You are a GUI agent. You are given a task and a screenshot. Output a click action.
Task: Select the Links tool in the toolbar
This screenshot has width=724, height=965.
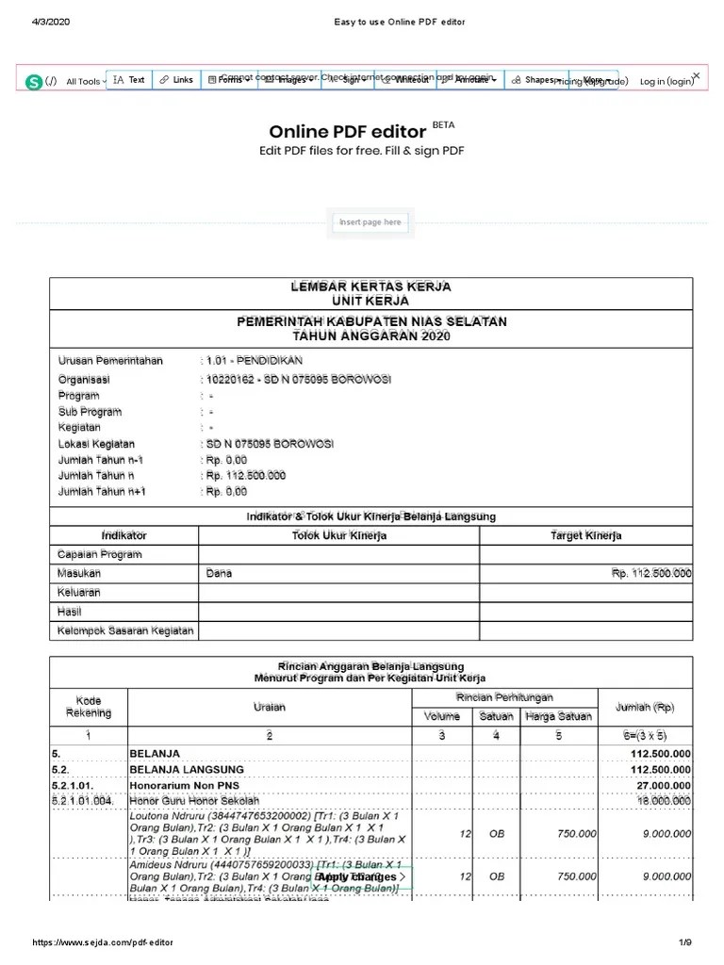pyautogui.click(x=175, y=80)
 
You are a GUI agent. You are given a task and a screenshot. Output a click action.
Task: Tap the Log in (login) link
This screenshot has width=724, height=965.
pyautogui.click(x=666, y=81)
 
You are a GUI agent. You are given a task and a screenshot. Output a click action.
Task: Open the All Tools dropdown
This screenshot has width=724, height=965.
pyautogui.click(x=85, y=82)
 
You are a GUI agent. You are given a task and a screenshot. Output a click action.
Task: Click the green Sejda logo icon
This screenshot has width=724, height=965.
pyautogui.click(x=35, y=82)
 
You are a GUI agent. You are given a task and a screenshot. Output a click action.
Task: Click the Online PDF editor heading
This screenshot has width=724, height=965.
pyautogui.click(x=347, y=132)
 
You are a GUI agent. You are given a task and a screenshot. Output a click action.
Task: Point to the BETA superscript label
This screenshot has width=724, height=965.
pyautogui.click(x=443, y=123)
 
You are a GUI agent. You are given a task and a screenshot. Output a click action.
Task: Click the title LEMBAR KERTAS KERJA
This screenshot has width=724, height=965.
pyautogui.click(x=370, y=286)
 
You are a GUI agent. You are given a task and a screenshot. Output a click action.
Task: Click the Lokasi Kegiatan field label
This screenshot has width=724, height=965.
pyautogui.click(x=96, y=444)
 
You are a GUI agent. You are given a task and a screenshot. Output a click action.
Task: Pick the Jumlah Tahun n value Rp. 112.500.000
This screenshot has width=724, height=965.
pyautogui.click(x=245, y=476)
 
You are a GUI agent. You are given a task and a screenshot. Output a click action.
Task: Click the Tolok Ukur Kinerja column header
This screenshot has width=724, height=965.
pyautogui.click(x=338, y=535)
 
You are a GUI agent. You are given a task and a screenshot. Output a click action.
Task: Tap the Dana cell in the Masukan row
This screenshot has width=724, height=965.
pyautogui.click(x=218, y=573)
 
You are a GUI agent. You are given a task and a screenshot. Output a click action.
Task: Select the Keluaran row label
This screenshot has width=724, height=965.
pyautogui.click(x=79, y=593)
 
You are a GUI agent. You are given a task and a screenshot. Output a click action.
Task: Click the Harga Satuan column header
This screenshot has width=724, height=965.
pyautogui.click(x=558, y=716)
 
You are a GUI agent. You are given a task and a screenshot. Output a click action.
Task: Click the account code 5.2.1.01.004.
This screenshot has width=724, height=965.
pyautogui.click(x=86, y=800)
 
